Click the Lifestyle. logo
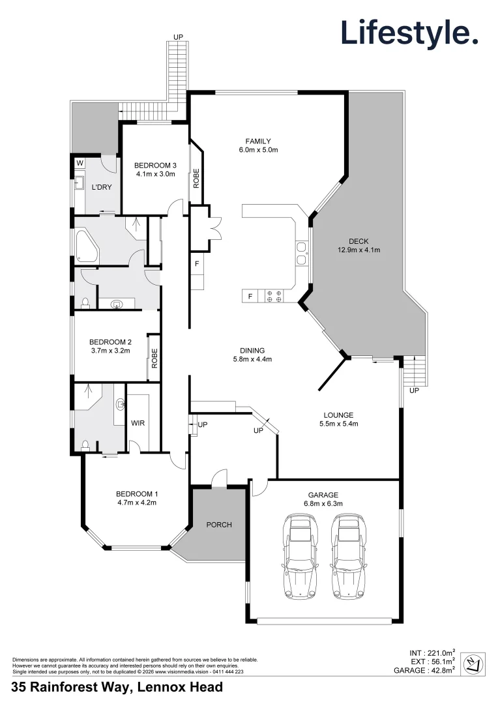click(409, 33)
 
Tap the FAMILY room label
click(257, 141)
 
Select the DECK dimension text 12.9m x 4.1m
click(359, 250)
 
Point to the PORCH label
click(218, 525)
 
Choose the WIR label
click(138, 423)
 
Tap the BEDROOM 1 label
click(136, 493)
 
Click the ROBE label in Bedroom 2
click(154, 358)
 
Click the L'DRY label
click(101, 187)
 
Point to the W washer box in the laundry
click(80, 162)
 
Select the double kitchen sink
click(301, 253)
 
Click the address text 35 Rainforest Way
click(117, 687)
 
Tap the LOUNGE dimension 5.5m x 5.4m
click(338, 424)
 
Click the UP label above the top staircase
click(178, 37)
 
